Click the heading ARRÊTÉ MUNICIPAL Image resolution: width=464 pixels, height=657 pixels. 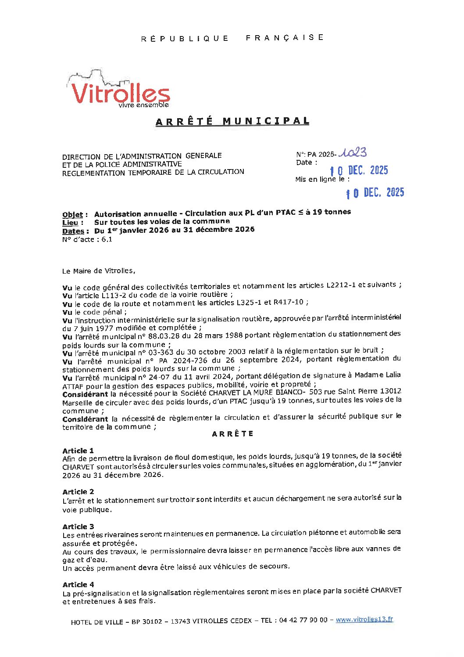(x=232, y=121)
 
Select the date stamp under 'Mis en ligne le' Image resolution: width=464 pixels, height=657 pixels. (x=375, y=192)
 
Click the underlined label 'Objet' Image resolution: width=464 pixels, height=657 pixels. (x=72, y=214)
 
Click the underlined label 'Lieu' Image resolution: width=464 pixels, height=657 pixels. (x=70, y=223)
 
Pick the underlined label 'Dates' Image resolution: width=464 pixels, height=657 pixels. (x=73, y=231)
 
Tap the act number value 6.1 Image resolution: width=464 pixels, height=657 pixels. (x=107, y=239)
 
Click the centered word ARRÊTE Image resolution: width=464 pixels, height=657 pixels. (x=232, y=434)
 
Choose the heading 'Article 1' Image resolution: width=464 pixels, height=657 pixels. (x=78, y=451)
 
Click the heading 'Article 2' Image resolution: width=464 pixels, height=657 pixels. (x=78, y=492)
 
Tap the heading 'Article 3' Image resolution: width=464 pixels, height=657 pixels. (x=78, y=527)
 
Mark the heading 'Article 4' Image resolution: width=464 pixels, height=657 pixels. (x=78, y=585)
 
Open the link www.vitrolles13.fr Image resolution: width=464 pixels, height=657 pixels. (x=364, y=619)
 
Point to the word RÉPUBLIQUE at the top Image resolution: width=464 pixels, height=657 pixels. (x=185, y=39)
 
